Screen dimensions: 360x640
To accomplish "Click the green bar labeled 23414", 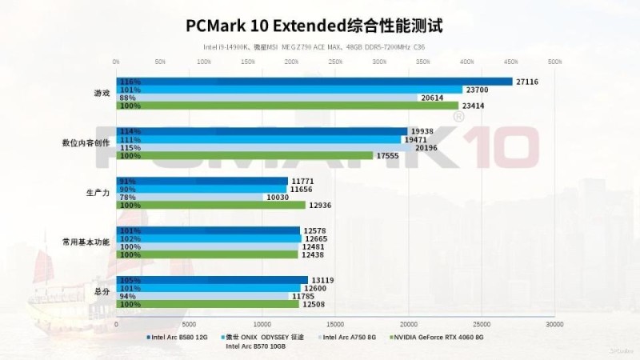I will pyautogui.click(x=287, y=106).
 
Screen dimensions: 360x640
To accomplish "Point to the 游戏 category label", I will pyautogui.click(x=102, y=94).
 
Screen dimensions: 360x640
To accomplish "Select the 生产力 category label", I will pyautogui.click(x=97, y=193).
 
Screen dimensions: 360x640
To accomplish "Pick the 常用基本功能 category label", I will pyautogui.click(x=86, y=242).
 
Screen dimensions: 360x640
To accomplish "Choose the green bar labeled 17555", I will pyautogui.click(x=245, y=155).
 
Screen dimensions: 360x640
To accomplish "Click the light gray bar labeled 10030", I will pyautogui.click(x=190, y=197).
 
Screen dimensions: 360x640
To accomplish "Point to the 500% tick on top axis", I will pyautogui.click(x=554, y=61).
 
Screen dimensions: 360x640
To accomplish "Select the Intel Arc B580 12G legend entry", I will pyautogui.click(x=178, y=338).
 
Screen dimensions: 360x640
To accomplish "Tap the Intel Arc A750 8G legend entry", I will pyautogui.click(x=347, y=338).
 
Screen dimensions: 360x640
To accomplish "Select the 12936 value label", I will pyautogui.click(x=322, y=205).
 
